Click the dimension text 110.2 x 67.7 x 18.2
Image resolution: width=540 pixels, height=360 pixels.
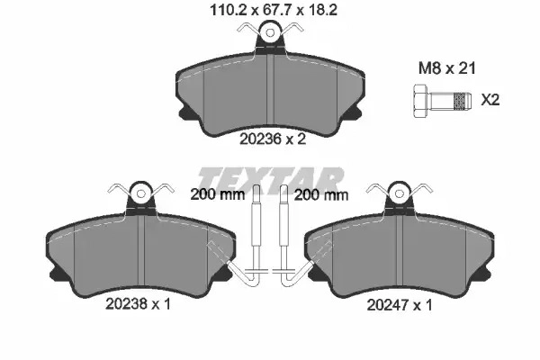point(274,10)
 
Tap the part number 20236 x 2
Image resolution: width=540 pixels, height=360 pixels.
point(273,139)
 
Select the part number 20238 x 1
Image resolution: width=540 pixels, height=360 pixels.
point(138,303)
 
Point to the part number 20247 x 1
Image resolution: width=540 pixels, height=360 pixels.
point(399,305)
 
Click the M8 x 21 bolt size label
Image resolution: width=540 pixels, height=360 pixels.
point(446,68)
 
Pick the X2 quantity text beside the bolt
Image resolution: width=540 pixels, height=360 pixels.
point(490,100)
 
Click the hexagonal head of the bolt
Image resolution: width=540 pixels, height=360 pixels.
point(420,101)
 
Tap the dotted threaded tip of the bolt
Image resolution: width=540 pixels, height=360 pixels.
point(461,101)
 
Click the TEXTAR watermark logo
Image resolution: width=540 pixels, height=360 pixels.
point(270,181)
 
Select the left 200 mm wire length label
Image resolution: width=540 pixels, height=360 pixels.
point(217,195)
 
